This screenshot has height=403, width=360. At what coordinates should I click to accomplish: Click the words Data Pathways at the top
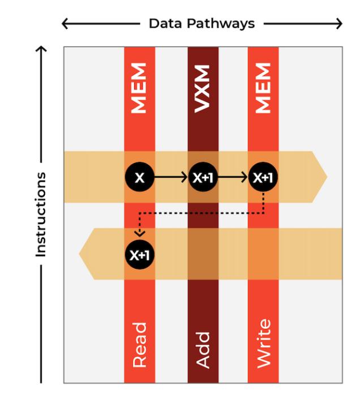tap(202, 24)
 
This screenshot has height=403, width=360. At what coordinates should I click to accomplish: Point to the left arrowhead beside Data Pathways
tap(65, 24)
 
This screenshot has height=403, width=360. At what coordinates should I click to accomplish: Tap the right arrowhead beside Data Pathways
tap(339, 24)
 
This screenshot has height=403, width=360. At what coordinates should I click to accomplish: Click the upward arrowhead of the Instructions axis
tap(41, 50)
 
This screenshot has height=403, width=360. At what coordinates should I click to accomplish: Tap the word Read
tap(139, 345)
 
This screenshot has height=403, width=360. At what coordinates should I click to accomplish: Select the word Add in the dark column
tap(203, 350)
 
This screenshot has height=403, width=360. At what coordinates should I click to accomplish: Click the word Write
tap(263, 343)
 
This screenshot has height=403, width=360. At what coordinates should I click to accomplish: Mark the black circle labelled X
tap(139, 177)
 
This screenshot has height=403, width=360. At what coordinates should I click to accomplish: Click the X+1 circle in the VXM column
tap(203, 177)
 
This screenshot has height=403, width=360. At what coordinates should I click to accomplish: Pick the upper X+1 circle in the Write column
tap(263, 177)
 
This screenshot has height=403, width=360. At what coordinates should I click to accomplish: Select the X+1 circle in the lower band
tap(139, 254)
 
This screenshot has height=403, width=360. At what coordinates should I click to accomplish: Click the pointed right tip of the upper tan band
tap(325, 177)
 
